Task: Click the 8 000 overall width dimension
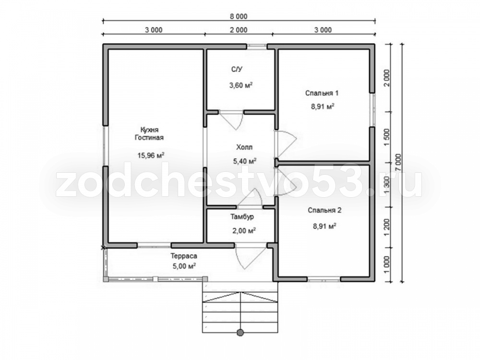[x=239, y=16]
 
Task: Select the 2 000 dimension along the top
[x=239, y=30]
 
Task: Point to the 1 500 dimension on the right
[x=386, y=137]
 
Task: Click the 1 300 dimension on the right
[x=386, y=185]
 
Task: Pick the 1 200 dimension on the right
[x=386, y=227]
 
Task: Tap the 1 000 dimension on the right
[x=386, y=264]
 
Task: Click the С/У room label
[x=237, y=70]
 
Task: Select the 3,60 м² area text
[x=240, y=85]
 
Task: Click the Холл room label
[x=244, y=147]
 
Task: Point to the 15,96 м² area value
[x=151, y=155]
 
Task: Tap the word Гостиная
[x=149, y=137]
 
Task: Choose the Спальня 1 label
[x=322, y=93]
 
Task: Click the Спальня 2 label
[x=324, y=210]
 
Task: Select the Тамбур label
[x=242, y=217]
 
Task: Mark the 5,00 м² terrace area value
[x=184, y=266]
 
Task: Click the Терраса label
[x=184, y=256]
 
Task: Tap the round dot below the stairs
[x=240, y=333]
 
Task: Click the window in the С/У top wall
[x=257, y=46]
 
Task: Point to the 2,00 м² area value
[x=244, y=230]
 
